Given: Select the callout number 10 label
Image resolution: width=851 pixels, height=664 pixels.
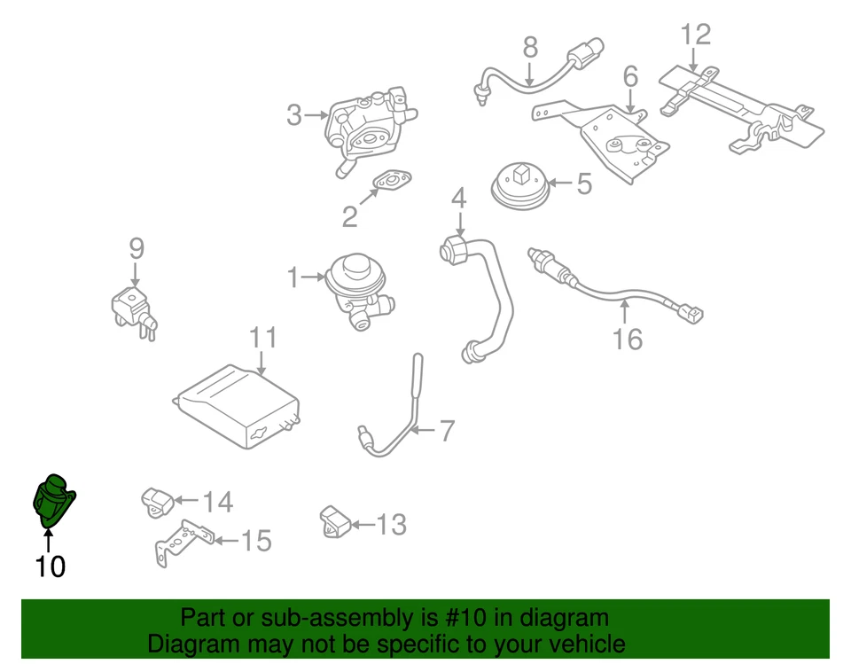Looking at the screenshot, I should pos(50,566).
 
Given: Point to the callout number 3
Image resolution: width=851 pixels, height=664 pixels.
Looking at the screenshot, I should pos(295,114).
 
